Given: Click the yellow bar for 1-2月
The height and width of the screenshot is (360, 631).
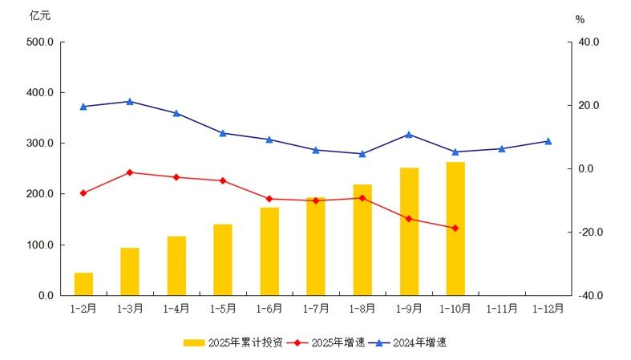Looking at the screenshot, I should pos(83,284).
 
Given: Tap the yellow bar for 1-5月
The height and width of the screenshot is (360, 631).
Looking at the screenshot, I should pos(223,260).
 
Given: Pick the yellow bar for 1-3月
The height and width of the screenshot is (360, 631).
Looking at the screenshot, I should pos(130,271).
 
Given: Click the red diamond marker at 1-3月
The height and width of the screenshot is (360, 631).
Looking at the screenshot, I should pos(130,172).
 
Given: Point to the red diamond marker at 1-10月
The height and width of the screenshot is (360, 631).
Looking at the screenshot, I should pos(455,229).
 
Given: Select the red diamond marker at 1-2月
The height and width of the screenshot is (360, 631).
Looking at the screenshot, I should pos(83,192).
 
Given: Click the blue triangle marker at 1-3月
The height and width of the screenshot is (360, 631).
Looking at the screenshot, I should pos(130,101).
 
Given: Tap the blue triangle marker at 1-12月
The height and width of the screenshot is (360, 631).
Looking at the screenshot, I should pos(548,141).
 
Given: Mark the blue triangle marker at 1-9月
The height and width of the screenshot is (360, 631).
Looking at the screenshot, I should pos(409,135).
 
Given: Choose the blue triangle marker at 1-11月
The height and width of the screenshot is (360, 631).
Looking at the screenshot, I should pos(502,148).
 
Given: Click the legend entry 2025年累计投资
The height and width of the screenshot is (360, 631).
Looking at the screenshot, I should pos(233,342).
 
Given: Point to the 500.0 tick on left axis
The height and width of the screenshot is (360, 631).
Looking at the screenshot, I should pos(39,42).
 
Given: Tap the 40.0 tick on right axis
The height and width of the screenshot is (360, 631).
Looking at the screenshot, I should pos(589,42).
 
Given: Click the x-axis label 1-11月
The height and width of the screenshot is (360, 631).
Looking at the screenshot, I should pos(502,309).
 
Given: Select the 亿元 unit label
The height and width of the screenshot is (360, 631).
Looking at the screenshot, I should pos(39,15).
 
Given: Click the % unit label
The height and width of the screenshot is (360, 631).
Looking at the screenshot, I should pos(580,19).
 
